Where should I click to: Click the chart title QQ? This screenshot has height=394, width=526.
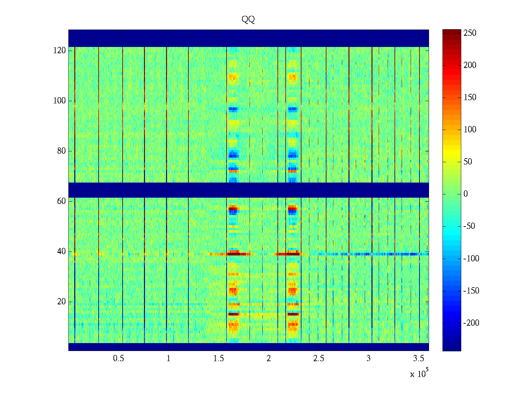pos(248,20)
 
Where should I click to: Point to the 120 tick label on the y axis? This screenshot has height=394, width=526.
pos(60,51)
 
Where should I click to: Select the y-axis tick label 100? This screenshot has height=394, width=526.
pos(60,101)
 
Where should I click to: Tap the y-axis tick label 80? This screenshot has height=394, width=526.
pos(61,151)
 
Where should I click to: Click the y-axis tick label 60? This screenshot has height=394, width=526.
pos(61,201)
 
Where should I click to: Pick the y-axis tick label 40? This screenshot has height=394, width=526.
pos(61,252)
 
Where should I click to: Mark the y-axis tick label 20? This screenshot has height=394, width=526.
pos(61,302)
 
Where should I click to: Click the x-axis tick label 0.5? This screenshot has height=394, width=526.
pos(118,359)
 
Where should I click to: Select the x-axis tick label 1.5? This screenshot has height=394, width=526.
pos(219,359)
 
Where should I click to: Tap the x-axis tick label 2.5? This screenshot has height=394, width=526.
pos(319,359)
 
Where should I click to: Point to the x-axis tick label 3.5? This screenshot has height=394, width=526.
pos(419,359)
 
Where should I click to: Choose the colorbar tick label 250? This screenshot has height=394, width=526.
pos(470,33)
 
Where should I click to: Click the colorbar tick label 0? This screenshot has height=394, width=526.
pos(466,194)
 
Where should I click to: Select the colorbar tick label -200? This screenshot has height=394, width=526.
pos(471,323)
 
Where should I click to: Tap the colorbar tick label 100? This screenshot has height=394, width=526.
pos(470,130)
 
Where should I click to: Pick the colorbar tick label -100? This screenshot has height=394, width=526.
pos(471,259)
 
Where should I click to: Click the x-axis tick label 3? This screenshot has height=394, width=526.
pos(369,359)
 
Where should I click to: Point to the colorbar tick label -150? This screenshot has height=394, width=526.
pos(471,291)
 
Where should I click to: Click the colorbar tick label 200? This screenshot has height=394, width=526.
pos(470,65)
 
